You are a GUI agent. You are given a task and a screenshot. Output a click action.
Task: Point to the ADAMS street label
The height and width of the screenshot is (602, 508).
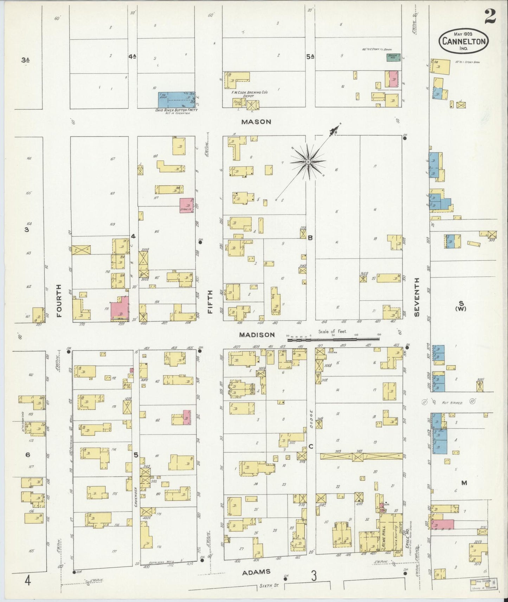click(x=256, y=572)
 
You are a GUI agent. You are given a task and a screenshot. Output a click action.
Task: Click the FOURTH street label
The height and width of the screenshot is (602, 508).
click(x=59, y=301)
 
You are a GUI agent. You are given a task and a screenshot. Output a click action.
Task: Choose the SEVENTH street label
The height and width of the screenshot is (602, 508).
click(x=417, y=297)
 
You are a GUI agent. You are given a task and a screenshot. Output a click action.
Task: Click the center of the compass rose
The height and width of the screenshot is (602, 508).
click(x=308, y=162)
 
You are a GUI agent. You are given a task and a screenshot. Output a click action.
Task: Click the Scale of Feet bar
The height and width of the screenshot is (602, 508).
click(x=334, y=339)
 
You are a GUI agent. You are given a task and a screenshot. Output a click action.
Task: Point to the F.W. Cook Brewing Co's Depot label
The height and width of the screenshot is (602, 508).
click(x=249, y=94)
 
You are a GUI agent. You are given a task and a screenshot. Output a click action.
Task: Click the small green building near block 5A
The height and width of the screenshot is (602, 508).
click(x=393, y=57)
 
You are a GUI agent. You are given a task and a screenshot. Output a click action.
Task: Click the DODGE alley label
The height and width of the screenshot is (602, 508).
click(x=311, y=417)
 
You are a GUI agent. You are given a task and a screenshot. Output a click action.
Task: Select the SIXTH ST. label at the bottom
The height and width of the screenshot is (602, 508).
click(x=268, y=586)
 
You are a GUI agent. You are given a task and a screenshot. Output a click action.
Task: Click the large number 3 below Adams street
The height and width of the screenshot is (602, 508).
click(x=314, y=576)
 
